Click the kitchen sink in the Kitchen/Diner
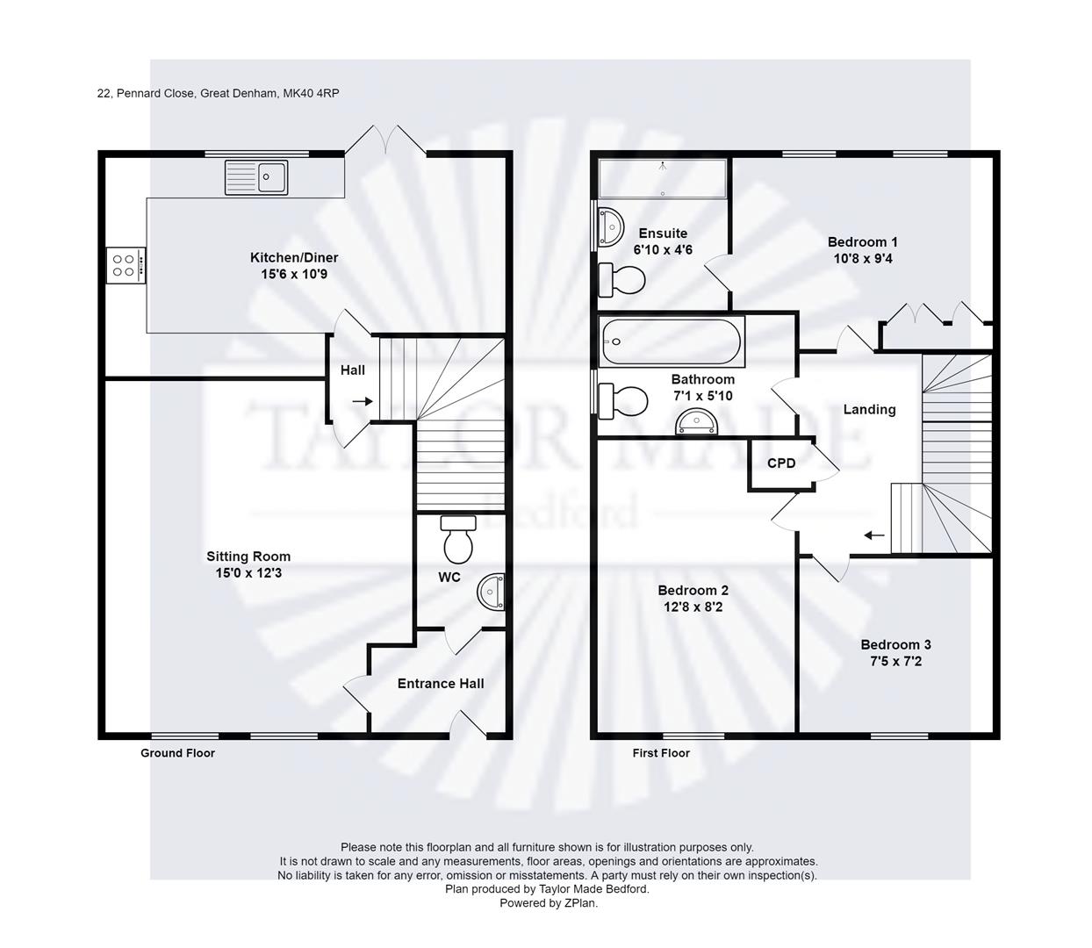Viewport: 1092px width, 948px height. [x=255, y=177]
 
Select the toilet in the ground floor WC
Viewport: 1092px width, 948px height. [x=457, y=539]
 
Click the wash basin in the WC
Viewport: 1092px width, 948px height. [x=492, y=592]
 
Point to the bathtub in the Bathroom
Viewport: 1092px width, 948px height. [x=671, y=341]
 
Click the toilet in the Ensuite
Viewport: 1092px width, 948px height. [x=621, y=280]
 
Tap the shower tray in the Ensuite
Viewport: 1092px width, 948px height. [x=662, y=179]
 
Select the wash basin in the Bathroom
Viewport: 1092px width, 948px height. [x=697, y=424]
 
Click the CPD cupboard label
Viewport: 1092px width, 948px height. [x=781, y=463]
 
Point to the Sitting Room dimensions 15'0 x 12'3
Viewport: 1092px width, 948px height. [x=248, y=573]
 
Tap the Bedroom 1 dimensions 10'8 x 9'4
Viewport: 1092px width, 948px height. [x=863, y=259]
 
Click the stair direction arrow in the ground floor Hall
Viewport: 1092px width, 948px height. [x=362, y=401]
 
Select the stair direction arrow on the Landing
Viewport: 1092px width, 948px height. [x=873, y=535]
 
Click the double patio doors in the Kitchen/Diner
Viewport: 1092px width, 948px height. [x=386, y=140]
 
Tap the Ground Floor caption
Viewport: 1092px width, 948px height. [x=177, y=753]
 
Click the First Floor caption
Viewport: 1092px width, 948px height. [x=661, y=753]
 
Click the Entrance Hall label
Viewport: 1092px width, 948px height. [x=441, y=684]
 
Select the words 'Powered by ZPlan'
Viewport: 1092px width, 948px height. [x=548, y=902]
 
